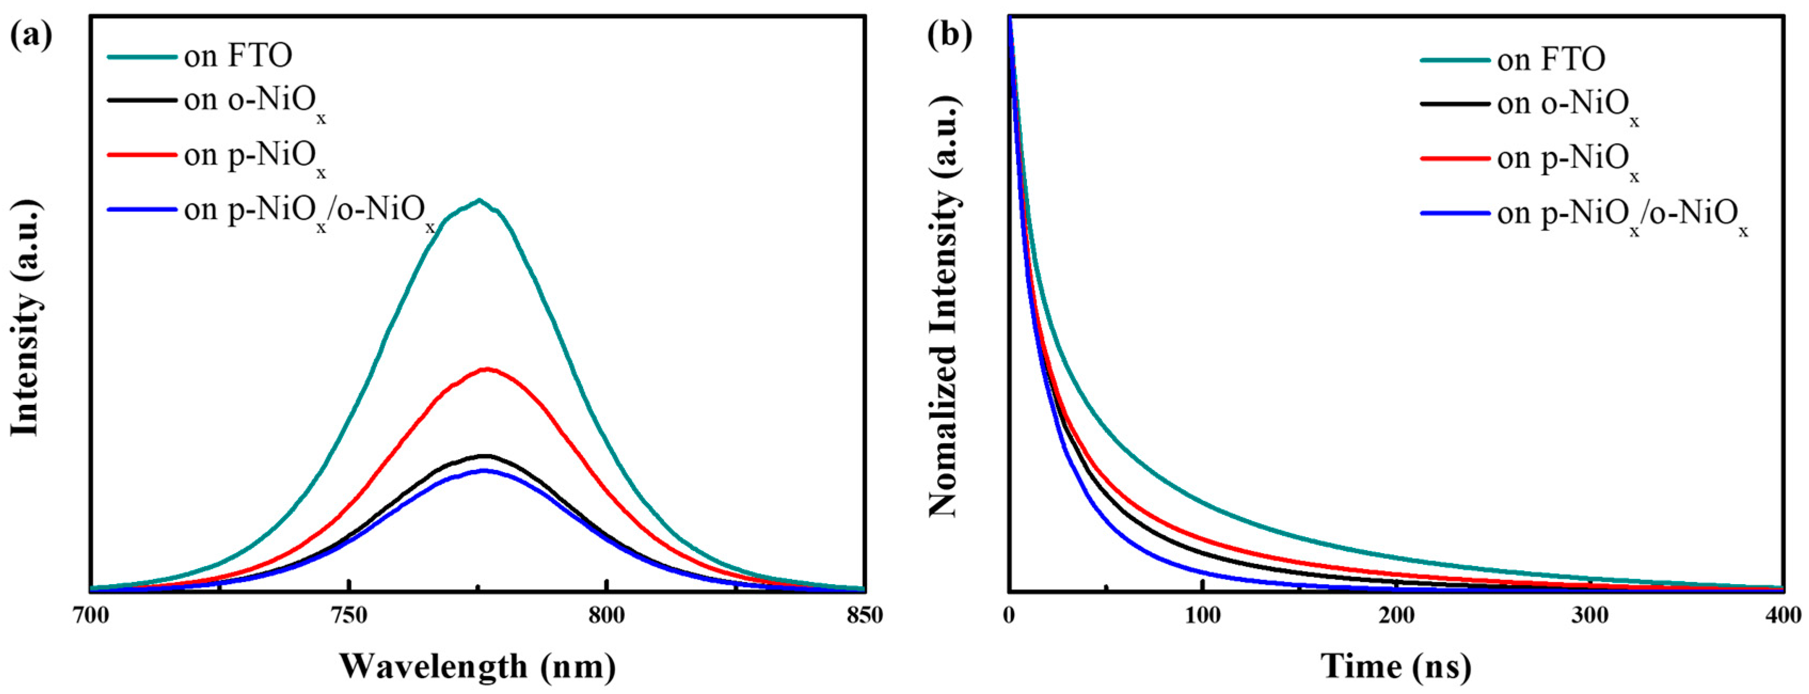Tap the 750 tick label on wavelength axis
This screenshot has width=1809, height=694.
349,616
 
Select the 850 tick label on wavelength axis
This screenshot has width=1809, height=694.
864,616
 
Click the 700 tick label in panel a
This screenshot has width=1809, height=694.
91,616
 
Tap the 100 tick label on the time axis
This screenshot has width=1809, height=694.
1202,616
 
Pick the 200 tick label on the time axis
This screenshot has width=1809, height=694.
1396,616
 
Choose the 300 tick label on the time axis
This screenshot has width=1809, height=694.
1590,616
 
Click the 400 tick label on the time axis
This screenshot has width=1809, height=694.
1782,616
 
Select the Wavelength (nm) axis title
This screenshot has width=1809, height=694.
477,665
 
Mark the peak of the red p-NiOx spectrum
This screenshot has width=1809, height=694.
486,369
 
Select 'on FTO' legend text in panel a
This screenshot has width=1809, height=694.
238,56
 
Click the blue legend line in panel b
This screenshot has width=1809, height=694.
1455,212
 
